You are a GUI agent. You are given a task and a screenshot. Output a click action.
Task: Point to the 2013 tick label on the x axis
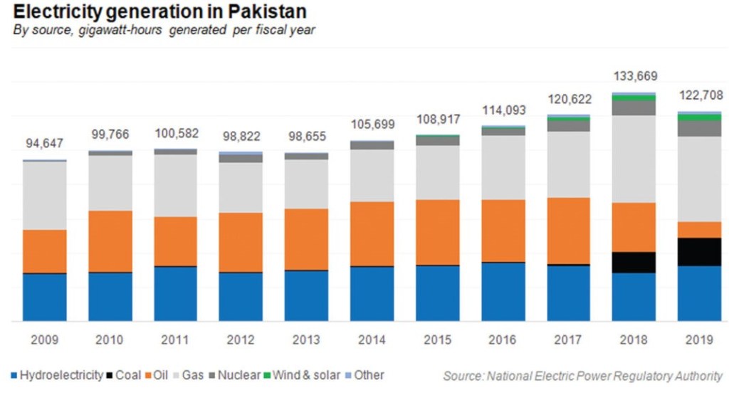[x=306, y=340]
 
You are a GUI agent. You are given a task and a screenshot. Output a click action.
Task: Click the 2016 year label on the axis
[x=503, y=340]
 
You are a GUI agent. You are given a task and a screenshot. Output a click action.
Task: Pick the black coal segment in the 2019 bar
[x=699, y=252]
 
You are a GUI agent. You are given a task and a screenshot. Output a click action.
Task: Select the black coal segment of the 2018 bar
[x=634, y=263]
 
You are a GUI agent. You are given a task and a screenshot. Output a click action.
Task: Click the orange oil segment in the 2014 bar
[x=372, y=234]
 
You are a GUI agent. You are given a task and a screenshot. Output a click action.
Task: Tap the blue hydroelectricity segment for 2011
[x=175, y=294]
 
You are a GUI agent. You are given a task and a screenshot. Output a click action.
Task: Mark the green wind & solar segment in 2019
[x=699, y=117]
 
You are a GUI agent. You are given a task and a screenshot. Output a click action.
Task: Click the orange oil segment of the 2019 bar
[x=699, y=230]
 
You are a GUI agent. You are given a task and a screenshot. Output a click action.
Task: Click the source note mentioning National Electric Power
[x=582, y=376]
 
